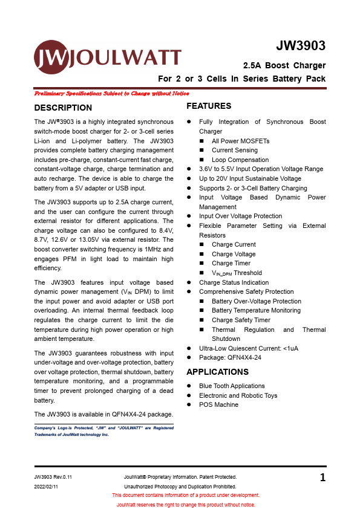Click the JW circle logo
click(x=51, y=57)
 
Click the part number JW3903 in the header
click(x=301, y=46)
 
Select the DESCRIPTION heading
click(x=63, y=108)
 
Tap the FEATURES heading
click(x=209, y=106)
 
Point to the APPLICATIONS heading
click(x=217, y=372)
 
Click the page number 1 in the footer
click(x=322, y=478)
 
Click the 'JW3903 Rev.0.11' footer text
click(x=57, y=478)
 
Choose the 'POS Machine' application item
click(x=218, y=404)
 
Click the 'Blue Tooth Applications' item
click(x=232, y=386)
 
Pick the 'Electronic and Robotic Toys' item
click(x=238, y=395)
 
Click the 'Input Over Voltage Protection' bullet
click(x=240, y=216)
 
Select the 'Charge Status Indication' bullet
click(x=234, y=282)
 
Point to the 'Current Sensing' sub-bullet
click(x=234, y=151)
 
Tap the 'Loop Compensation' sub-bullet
click(x=240, y=160)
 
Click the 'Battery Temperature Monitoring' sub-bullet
click(x=256, y=311)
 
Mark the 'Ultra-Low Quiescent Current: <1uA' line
click(x=248, y=348)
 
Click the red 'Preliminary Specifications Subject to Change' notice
click(x=112, y=94)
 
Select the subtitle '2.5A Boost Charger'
click(x=284, y=65)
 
